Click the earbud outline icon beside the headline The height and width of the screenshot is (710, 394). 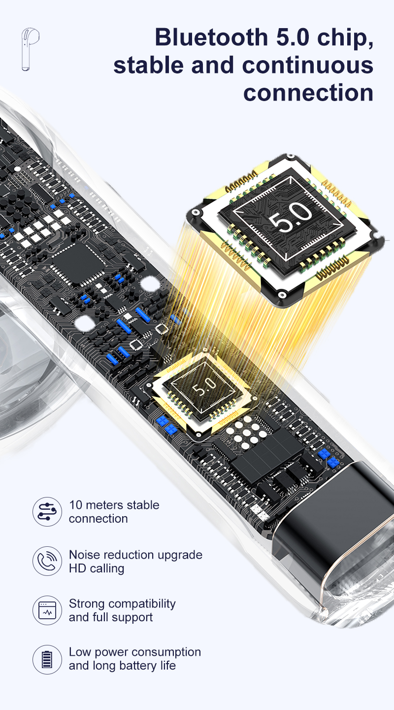point(29,49)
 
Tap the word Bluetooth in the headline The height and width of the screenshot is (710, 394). point(212,37)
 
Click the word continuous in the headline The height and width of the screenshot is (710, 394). point(308,65)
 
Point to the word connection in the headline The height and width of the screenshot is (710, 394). point(308,93)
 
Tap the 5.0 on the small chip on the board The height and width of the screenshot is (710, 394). point(204,387)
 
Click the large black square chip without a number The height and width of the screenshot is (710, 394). point(78,264)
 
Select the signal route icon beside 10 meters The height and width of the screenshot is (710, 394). point(47,512)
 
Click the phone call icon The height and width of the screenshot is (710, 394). point(47,561)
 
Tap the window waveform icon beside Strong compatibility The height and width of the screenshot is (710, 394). point(47,610)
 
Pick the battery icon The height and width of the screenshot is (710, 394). point(47,660)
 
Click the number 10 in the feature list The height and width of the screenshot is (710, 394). point(76,505)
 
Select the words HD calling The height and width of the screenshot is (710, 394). point(97,568)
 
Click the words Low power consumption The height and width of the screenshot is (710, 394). point(135,653)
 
